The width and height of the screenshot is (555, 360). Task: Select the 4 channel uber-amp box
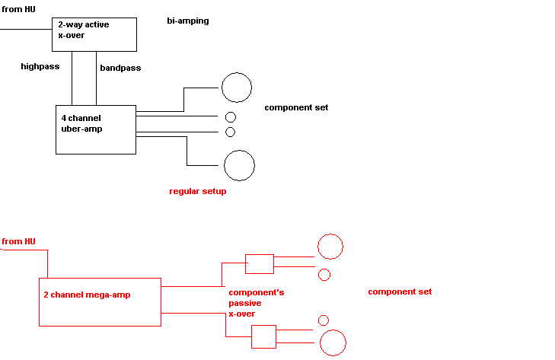[96, 129]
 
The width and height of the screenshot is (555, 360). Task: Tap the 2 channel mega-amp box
[100, 301]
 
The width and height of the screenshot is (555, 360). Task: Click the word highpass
[40, 66]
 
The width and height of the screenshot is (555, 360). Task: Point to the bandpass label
[120, 68]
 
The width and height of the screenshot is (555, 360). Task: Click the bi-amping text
[188, 21]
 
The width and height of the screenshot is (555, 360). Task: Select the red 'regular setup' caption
[198, 191]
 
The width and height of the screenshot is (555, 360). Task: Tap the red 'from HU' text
[19, 241]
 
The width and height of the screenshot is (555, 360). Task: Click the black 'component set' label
[296, 107]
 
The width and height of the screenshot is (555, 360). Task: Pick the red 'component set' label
[400, 292]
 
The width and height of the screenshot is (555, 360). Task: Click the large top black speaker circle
[236, 88]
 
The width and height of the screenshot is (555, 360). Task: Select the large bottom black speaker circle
[239, 165]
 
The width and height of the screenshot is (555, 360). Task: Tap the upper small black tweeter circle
[231, 117]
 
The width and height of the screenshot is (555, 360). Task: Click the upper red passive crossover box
[260, 263]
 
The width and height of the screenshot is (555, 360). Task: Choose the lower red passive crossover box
[263, 336]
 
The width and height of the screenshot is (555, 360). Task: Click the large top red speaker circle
[330, 247]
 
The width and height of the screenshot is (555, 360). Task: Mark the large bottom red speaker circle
[333, 342]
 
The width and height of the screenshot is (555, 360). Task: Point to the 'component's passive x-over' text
[257, 302]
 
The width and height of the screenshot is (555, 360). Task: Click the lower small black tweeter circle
[231, 132]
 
